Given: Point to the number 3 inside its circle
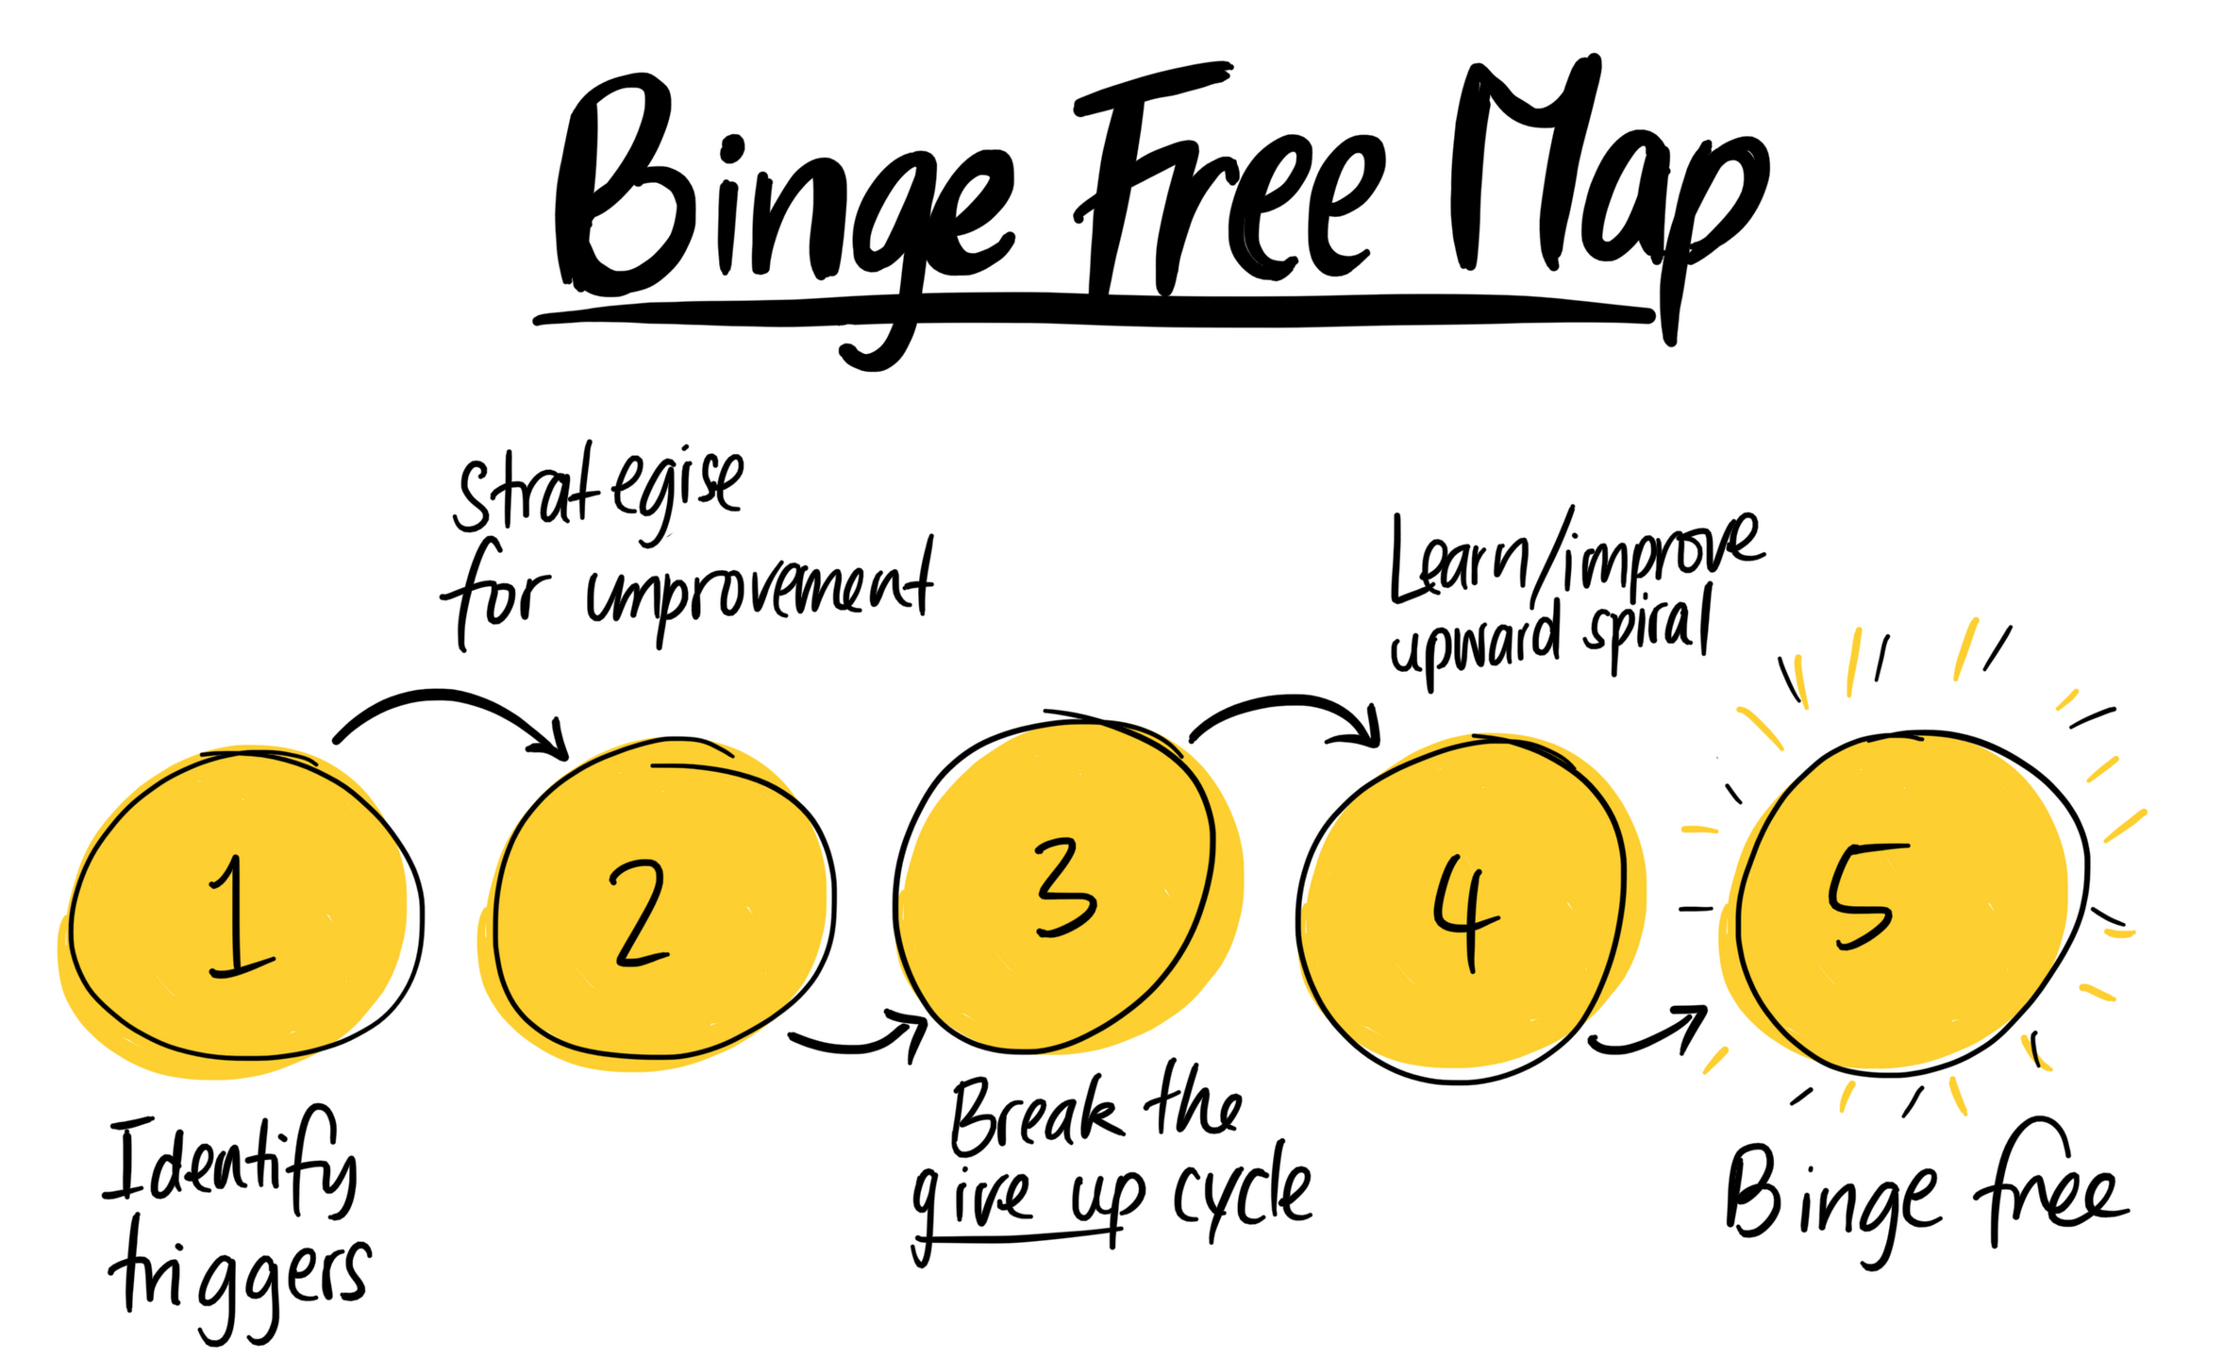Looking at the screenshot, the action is [1064, 888].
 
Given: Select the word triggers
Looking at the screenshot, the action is [240, 1280].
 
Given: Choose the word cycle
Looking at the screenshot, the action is [1244, 1195].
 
